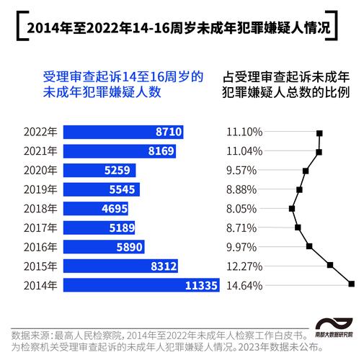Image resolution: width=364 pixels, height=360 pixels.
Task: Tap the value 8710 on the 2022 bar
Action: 169,132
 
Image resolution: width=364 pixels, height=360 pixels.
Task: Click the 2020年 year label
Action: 40,171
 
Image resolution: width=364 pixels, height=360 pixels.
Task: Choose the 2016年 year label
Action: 40,247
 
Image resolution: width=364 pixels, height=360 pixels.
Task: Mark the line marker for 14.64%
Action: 351,284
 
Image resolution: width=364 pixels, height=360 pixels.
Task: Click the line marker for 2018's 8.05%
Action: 292,209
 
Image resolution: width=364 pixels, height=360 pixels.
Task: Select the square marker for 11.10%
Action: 319,133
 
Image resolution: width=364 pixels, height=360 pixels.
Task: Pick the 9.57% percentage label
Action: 241,171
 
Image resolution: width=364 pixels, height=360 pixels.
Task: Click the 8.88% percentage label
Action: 241,189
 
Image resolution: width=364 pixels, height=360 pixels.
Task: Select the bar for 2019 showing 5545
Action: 101,189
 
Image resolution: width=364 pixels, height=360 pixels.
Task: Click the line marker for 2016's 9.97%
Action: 309,246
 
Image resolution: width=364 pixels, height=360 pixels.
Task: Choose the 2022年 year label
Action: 40,132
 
